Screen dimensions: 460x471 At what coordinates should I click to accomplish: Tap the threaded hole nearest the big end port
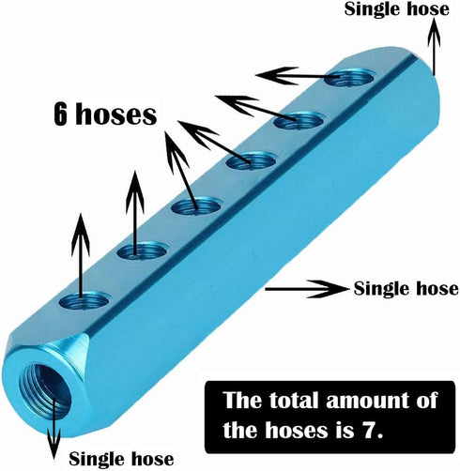(x=84, y=301)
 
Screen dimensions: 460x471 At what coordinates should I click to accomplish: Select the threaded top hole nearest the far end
(x=350, y=77)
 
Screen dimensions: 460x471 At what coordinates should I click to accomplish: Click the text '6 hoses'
(x=105, y=114)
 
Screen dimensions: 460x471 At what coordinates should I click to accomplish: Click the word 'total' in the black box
(x=294, y=400)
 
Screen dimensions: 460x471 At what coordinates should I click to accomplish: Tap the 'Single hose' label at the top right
(x=396, y=8)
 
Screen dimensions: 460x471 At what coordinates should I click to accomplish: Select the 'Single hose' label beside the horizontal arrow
(x=406, y=288)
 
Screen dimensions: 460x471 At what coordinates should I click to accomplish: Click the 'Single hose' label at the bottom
(x=121, y=459)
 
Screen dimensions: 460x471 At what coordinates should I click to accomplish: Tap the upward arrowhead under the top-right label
(x=434, y=33)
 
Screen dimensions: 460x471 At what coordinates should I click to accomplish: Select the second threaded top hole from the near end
(x=142, y=251)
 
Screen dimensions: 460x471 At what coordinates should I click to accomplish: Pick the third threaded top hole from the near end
(x=195, y=206)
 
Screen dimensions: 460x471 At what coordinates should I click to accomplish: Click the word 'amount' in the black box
(x=369, y=400)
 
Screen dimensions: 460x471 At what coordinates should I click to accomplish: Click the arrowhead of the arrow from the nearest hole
(x=81, y=233)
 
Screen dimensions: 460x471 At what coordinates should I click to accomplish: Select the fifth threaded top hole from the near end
(x=299, y=120)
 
